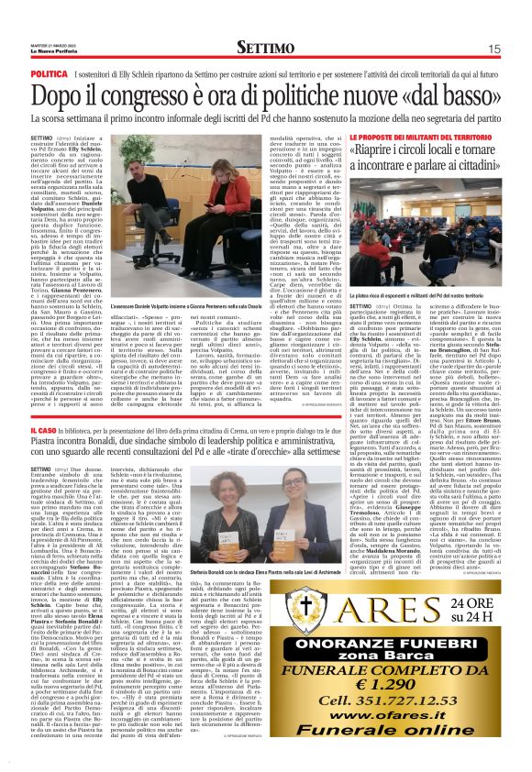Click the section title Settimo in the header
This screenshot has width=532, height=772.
click(266, 47)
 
